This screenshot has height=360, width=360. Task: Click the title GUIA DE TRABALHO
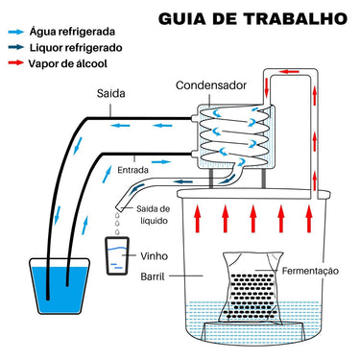tap(252, 19)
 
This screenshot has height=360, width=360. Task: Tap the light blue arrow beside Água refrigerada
tap(16, 32)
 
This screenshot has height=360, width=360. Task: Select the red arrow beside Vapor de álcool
tap(16, 62)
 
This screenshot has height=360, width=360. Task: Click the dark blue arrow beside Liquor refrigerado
tap(16, 47)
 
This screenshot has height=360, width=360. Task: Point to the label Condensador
tap(211, 85)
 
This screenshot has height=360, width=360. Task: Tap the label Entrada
tap(132, 170)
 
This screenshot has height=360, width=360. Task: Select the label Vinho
tap(154, 256)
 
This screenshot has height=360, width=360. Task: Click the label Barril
tap(153, 276)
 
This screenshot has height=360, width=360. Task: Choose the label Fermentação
tap(310, 271)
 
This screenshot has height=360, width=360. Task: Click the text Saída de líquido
tap(154, 215)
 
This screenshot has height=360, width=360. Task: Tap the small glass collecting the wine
tap(117, 255)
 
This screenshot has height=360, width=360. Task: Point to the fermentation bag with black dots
tap(252, 287)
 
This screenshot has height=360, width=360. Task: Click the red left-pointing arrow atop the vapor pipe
tap(289, 72)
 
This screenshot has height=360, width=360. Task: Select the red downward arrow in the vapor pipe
tap(267, 87)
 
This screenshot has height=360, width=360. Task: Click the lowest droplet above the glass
tap(117, 231)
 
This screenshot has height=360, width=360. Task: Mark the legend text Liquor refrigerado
tap(76, 48)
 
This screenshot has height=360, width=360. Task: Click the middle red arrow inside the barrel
tap(253, 219)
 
